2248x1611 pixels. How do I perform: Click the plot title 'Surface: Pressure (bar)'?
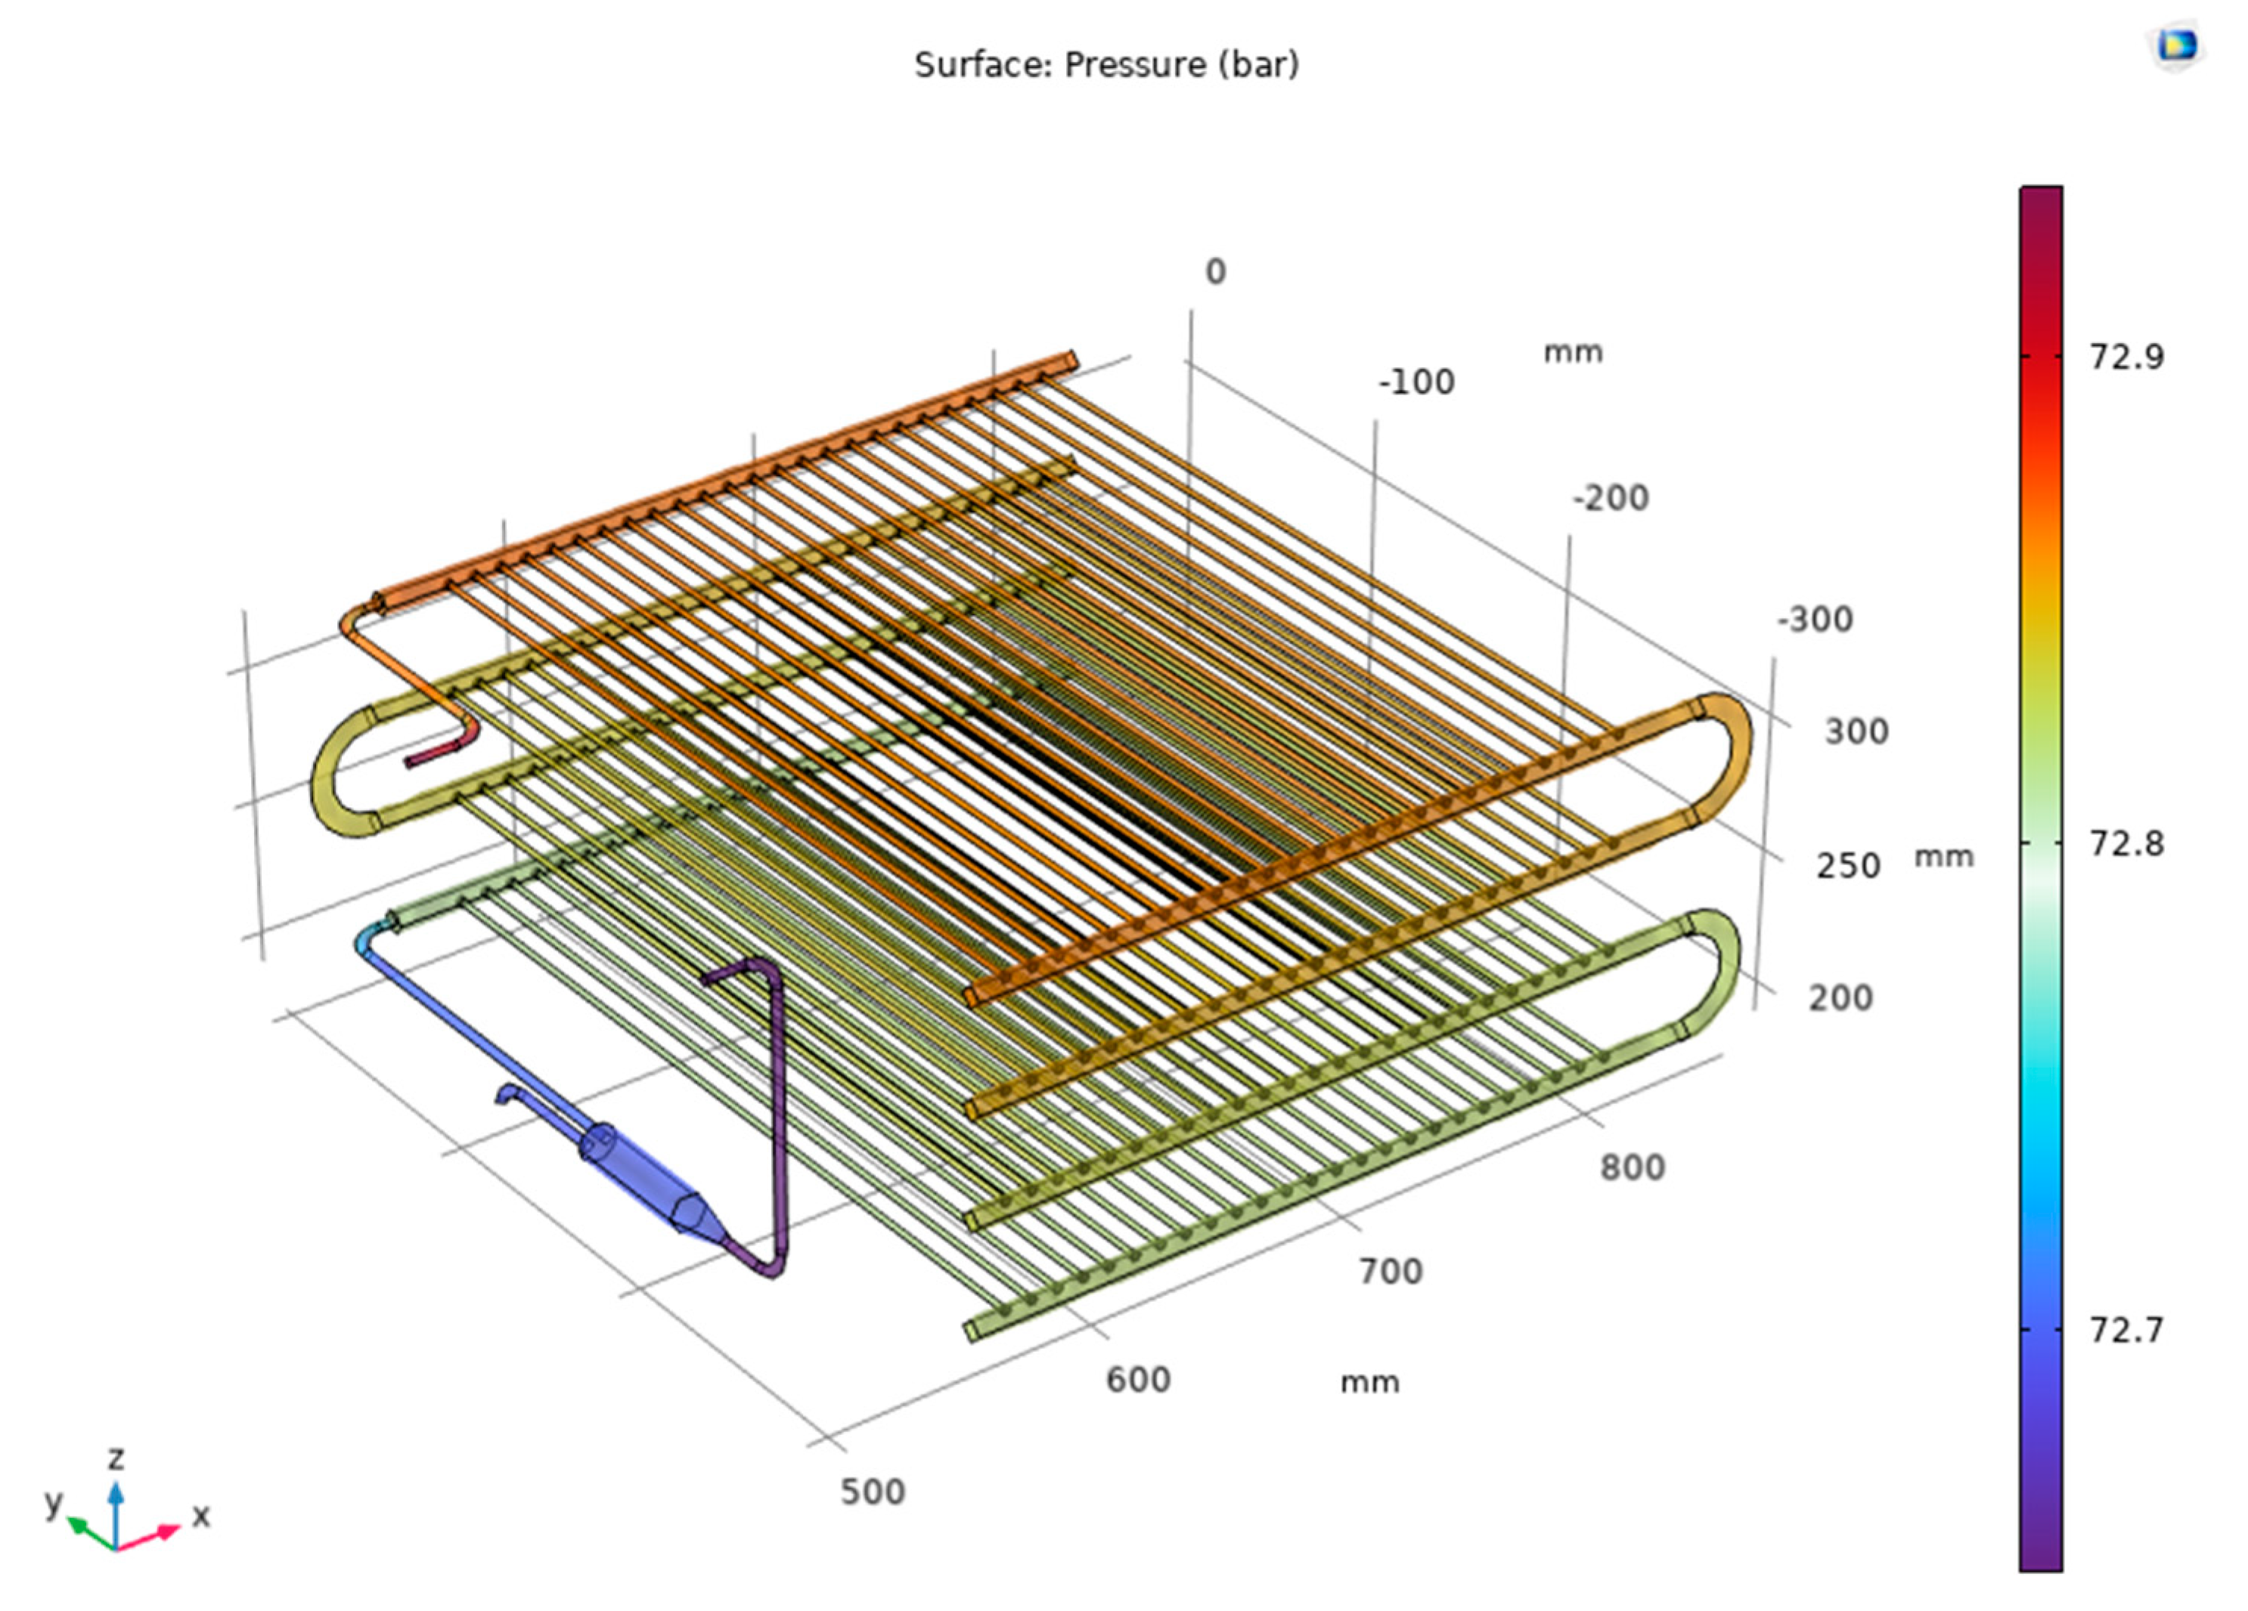point(1106,66)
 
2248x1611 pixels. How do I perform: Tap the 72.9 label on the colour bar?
point(2127,357)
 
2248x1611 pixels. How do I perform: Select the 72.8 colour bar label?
point(2127,844)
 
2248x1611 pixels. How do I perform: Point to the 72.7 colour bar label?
point(2127,1330)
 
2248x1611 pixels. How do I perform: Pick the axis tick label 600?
point(1138,1380)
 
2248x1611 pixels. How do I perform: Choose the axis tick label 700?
point(1391,1271)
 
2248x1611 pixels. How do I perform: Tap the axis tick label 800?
point(1632,1168)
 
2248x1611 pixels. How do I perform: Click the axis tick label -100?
point(1416,382)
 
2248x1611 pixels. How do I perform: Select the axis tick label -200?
point(1611,499)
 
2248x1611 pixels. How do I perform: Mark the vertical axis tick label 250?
point(1847,867)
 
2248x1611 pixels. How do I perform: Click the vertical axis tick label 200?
point(1840,997)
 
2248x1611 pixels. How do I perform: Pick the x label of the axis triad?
point(201,1516)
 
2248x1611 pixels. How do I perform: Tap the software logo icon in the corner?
point(2178,45)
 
